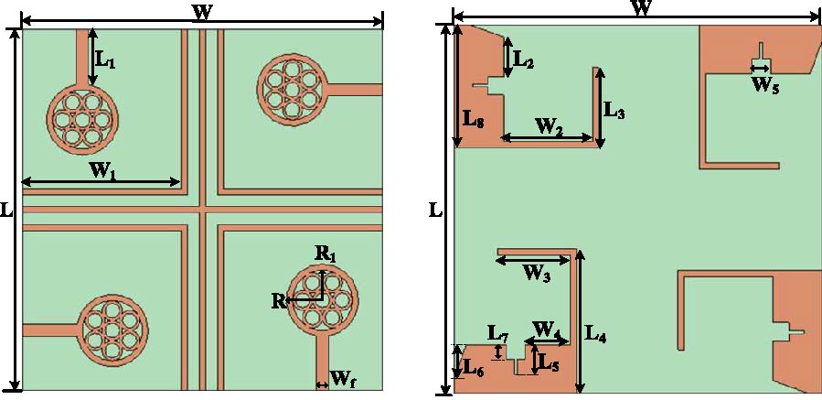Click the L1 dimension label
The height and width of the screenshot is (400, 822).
coord(106,62)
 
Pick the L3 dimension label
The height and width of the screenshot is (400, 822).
coord(614,113)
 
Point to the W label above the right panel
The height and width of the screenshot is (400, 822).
coord(642,8)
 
